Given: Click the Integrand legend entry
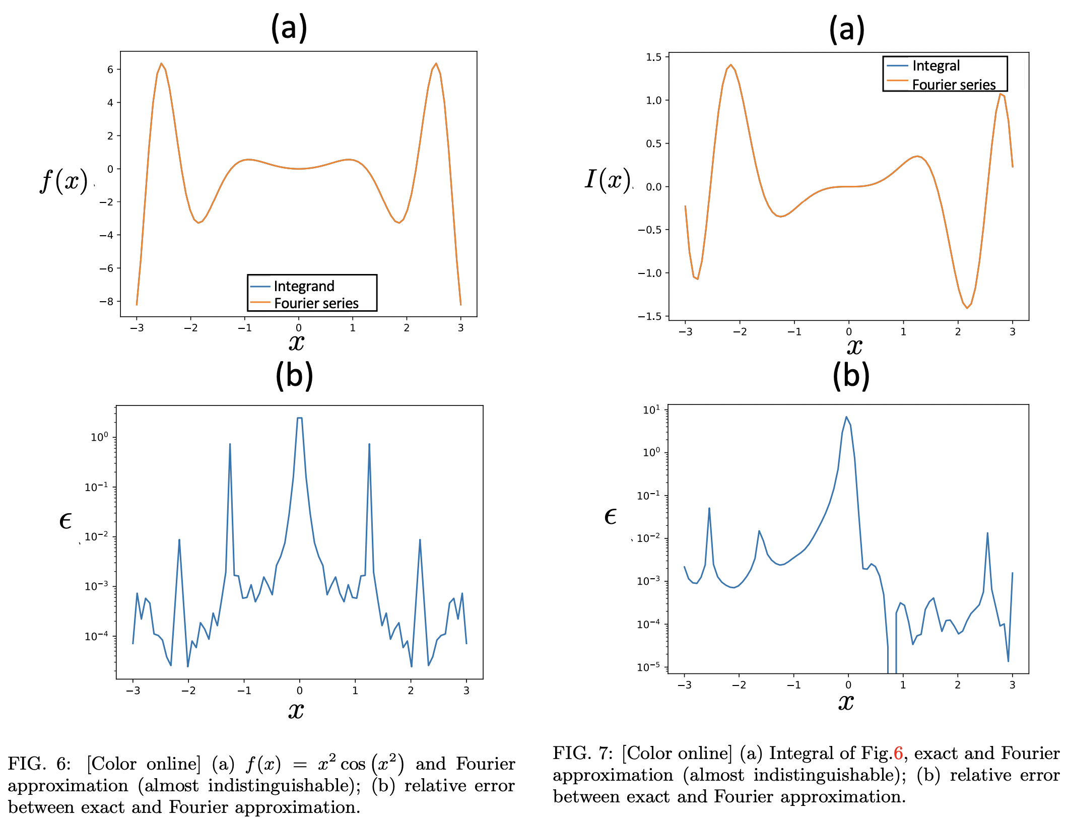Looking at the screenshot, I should click(x=304, y=286).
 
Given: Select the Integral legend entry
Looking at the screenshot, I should click(x=936, y=66).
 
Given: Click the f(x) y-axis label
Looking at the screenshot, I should click(x=64, y=181).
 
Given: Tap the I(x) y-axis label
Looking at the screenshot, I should click(x=608, y=179).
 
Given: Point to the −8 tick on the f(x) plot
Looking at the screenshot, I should click(x=106, y=302).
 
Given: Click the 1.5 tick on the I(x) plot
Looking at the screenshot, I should click(x=653, y=57).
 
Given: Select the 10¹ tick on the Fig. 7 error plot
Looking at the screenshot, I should click(x=651, y=410).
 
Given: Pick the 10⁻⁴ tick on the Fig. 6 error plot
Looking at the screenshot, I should click(x=96, y=637).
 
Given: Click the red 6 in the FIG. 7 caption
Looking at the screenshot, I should click(x=898, y=753).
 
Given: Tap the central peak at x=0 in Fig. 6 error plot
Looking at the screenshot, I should click(x=300, y=418).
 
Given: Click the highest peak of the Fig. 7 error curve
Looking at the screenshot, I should click(x=846, y=417).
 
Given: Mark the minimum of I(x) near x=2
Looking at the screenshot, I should click(x=967, y=308).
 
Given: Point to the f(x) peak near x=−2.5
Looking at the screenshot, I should click(x=161, y=63).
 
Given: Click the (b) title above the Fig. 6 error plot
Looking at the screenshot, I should click(x=294, y=376).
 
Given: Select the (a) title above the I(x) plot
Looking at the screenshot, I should click(x=847, y=29).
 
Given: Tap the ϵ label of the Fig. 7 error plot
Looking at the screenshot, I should click(x=610, y=517).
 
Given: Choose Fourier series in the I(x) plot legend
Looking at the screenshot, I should click(x=954, y=85).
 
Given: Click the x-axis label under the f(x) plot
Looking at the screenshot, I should click(x=296, y=343).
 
